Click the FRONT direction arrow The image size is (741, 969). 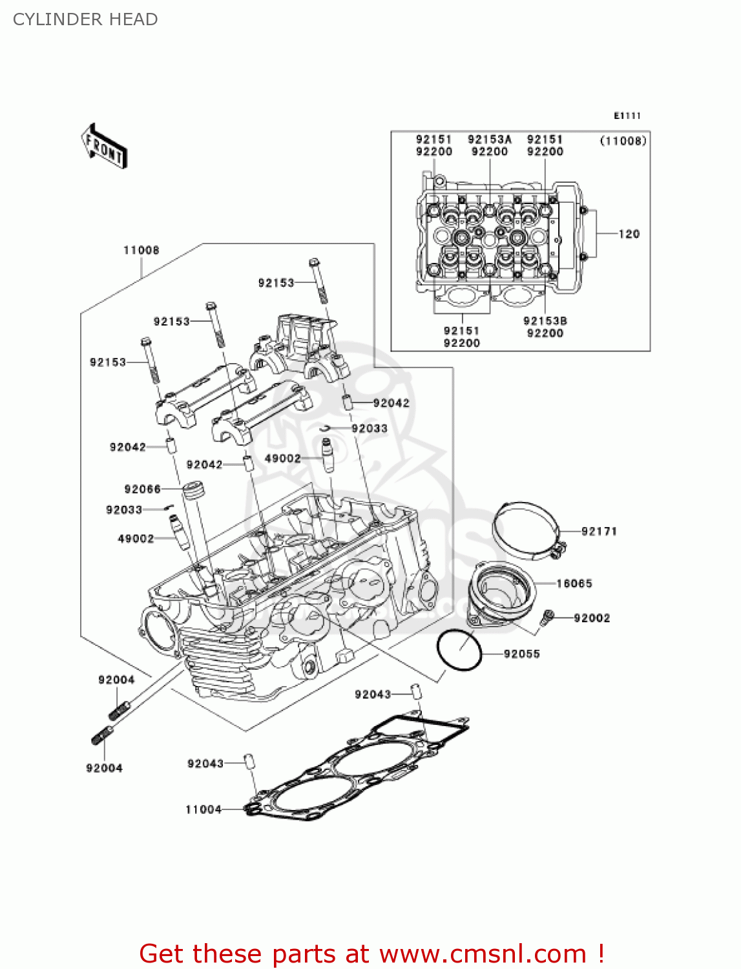pos(104,147)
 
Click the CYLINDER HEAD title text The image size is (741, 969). pos(85,19)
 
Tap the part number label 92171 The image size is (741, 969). pos(599,531)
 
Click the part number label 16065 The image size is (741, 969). pos(574,583)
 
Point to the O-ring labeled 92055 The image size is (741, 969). pos(459,650)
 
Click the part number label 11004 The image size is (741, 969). pos(204,809)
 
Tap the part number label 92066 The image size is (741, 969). pos(142,489)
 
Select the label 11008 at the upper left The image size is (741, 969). pos(141,250)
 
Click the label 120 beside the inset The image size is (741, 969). pos(629,234)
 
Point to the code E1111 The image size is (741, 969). pos(627,116)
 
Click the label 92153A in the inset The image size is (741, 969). pos(489,140)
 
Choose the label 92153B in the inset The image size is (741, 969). pos(545,320)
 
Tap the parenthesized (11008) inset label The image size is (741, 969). pos(623,140)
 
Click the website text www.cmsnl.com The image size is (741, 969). pos(482,953)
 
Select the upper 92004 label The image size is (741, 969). pos(116,680)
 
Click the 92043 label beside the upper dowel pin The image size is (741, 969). pos(373,694)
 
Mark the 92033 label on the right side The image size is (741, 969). pos(370,428)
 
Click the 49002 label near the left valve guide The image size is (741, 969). pos(136,538)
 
